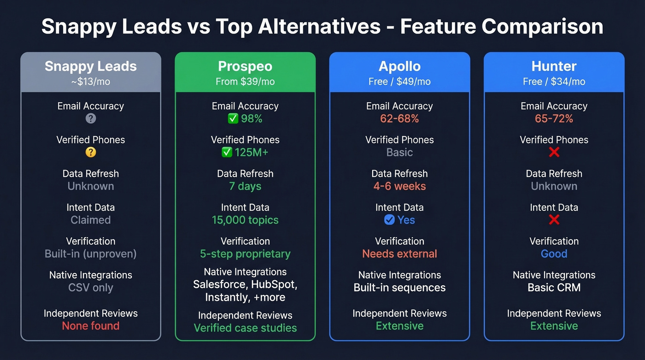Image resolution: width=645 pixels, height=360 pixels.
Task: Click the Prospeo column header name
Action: point(245,66)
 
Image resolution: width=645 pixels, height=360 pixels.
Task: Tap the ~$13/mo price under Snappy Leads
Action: point(91,82)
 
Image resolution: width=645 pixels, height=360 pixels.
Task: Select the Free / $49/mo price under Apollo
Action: point(399,82)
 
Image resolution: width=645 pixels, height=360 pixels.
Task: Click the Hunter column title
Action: point(554,66)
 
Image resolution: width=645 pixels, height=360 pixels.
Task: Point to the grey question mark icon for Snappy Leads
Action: point(91,118)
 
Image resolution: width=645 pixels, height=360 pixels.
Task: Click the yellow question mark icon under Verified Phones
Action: point(91,152)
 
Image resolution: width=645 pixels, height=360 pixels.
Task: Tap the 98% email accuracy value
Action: point(252,118)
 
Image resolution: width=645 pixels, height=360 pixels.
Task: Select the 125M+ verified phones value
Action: point(252,152)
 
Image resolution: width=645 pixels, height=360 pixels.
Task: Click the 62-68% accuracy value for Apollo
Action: point(399,118)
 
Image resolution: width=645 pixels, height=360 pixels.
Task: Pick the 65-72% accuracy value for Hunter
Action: point(554,118)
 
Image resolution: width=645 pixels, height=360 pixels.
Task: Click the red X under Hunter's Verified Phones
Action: point(554,152)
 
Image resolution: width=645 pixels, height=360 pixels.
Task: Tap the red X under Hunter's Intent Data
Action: point(554,220)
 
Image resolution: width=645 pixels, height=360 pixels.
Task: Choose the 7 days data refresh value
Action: point(245,186)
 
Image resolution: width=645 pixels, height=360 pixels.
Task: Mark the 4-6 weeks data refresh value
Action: point(399,186)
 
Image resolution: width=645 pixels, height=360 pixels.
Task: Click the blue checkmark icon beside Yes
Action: point(389,220)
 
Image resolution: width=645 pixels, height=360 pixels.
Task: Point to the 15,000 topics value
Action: point(245,220)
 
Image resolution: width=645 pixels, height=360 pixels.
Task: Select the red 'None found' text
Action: point(91,326)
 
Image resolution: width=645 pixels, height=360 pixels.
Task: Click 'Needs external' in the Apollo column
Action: point(399,254)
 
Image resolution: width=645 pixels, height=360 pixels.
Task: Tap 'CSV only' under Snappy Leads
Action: point(91,288)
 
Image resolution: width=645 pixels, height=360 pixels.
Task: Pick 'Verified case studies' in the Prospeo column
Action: point(245,328)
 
